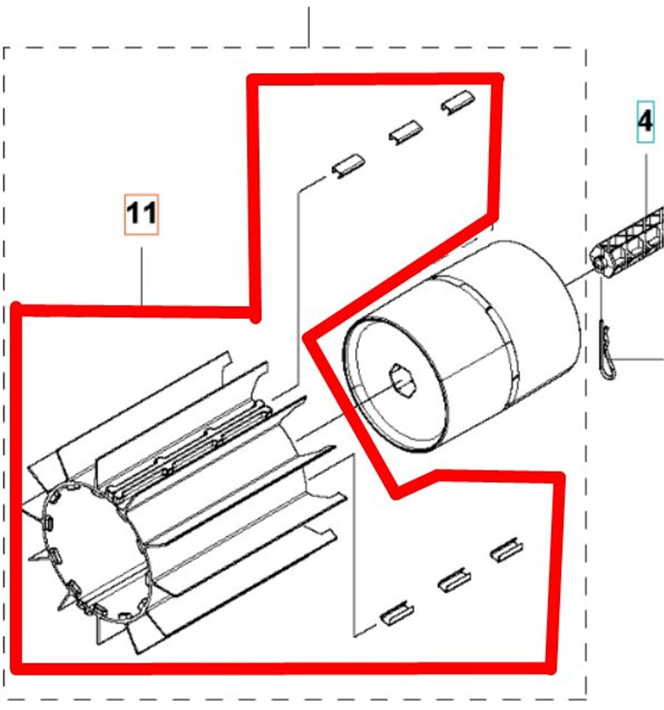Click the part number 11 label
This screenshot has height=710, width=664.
click(142, 214)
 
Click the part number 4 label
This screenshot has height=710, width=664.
click(646, 122)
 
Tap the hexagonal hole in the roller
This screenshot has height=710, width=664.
click(401, 379)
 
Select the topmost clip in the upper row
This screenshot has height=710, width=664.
click(458, 102)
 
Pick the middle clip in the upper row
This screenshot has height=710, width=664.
click(406, 132)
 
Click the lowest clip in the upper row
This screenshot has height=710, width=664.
click(349, 166)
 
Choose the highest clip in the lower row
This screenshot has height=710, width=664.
click(508, 550)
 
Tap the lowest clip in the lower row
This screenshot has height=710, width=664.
click(397, 614)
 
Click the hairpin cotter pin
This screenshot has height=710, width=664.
click(606, 348)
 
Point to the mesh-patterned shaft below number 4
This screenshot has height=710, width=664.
click(629, 244)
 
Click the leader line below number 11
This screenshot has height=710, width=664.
click(142, 275)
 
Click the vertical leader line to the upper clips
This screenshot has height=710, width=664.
click(298, 290)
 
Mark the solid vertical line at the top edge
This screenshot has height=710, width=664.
click(308, 27)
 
